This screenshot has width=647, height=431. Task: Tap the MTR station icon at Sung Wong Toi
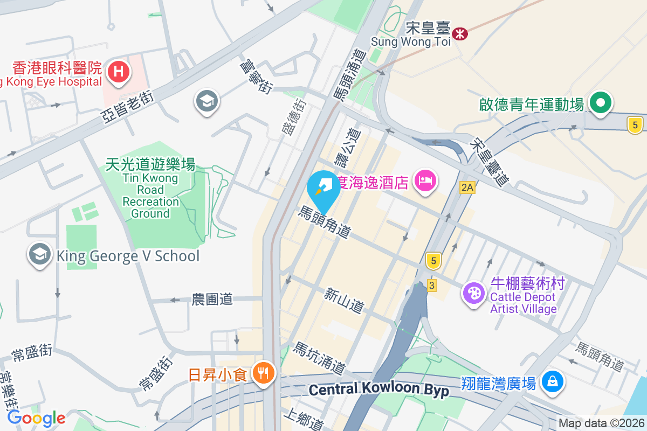coord(460,33)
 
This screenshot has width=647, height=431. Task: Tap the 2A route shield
coord(467,187)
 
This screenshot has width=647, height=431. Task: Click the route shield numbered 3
coord(431,285)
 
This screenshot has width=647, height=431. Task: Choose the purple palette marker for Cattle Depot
coord(474,294)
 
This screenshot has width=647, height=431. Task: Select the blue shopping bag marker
coord(553,382)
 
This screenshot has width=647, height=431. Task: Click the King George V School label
coord(128,256)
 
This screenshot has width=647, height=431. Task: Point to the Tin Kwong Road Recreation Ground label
coord(150,189)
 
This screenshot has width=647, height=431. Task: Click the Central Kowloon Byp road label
coord(380,390)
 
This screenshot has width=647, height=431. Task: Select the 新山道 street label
coord(344,301)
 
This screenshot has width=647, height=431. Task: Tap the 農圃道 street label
coord(212,300)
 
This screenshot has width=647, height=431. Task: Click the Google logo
coord(36,418)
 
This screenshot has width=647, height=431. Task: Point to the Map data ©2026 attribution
coord(601,423)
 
